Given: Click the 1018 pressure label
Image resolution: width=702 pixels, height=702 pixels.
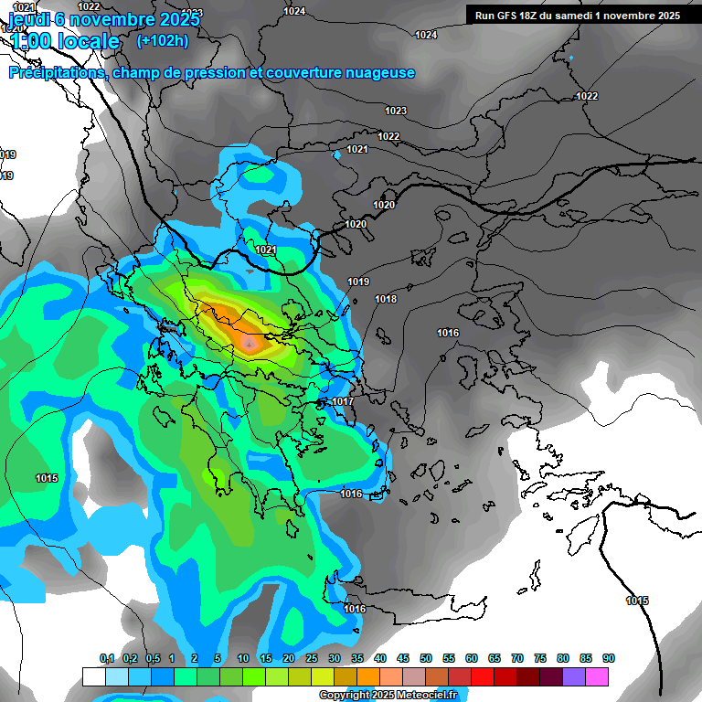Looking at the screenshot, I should (386, 299).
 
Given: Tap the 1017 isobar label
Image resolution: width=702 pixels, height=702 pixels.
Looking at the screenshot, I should (343, 401).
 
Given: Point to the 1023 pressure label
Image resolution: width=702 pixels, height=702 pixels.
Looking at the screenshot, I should (396, 111).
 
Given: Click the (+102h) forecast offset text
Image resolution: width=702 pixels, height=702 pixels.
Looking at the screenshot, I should (163, 40).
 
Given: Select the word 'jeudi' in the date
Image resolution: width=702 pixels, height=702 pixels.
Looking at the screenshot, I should (30, 19).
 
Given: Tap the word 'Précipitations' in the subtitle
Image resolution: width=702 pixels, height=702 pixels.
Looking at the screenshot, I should (57, 72).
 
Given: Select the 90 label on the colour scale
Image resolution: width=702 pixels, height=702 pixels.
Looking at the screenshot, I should (609, 658).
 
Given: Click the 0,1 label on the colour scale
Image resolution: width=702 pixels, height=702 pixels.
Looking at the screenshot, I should (107, 658).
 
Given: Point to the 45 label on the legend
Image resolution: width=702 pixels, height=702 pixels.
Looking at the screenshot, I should (403, 658).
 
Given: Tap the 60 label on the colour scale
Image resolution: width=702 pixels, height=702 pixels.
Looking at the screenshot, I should (472, 658).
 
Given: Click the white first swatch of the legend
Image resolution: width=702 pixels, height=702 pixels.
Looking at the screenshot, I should (93, 676).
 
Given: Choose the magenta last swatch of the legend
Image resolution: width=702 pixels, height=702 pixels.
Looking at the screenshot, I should (597, 676).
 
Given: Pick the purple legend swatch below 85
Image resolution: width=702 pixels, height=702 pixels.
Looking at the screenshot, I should (574, 676).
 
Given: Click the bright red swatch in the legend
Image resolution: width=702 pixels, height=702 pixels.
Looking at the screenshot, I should (483, 676).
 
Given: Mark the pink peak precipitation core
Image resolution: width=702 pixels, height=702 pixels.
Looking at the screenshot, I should (250, 341).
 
